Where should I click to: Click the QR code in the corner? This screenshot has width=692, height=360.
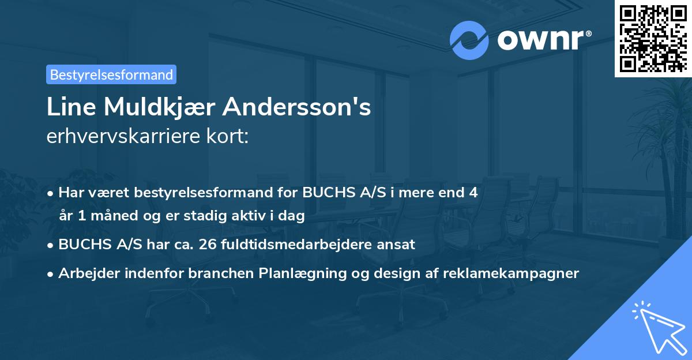point(653,38)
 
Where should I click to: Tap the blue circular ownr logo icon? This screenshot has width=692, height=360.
point(469,40)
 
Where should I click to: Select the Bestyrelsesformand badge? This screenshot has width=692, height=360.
point(111,74)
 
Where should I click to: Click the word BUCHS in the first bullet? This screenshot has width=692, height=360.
point(324,193)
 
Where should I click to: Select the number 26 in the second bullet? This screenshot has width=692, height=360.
point(205,244)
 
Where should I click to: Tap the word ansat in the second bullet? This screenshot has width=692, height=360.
point(397,244)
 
